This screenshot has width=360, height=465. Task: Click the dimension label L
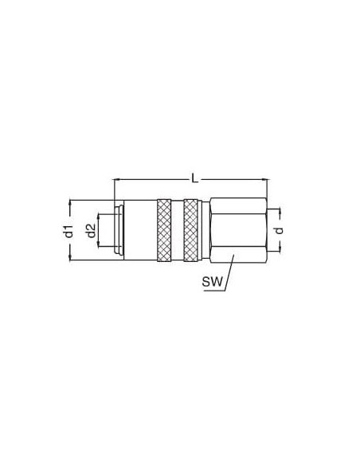point(195,178)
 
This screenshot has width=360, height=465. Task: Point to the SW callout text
point(212,281)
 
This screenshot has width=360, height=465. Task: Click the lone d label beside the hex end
point(279,230)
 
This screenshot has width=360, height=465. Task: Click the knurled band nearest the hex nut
point(190,230)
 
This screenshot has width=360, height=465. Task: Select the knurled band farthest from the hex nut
point(164,230)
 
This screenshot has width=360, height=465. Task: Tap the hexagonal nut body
point(238,230)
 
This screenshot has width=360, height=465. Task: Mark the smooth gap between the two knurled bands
point(178,230)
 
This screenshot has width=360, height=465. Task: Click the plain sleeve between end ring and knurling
point(140,230)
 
